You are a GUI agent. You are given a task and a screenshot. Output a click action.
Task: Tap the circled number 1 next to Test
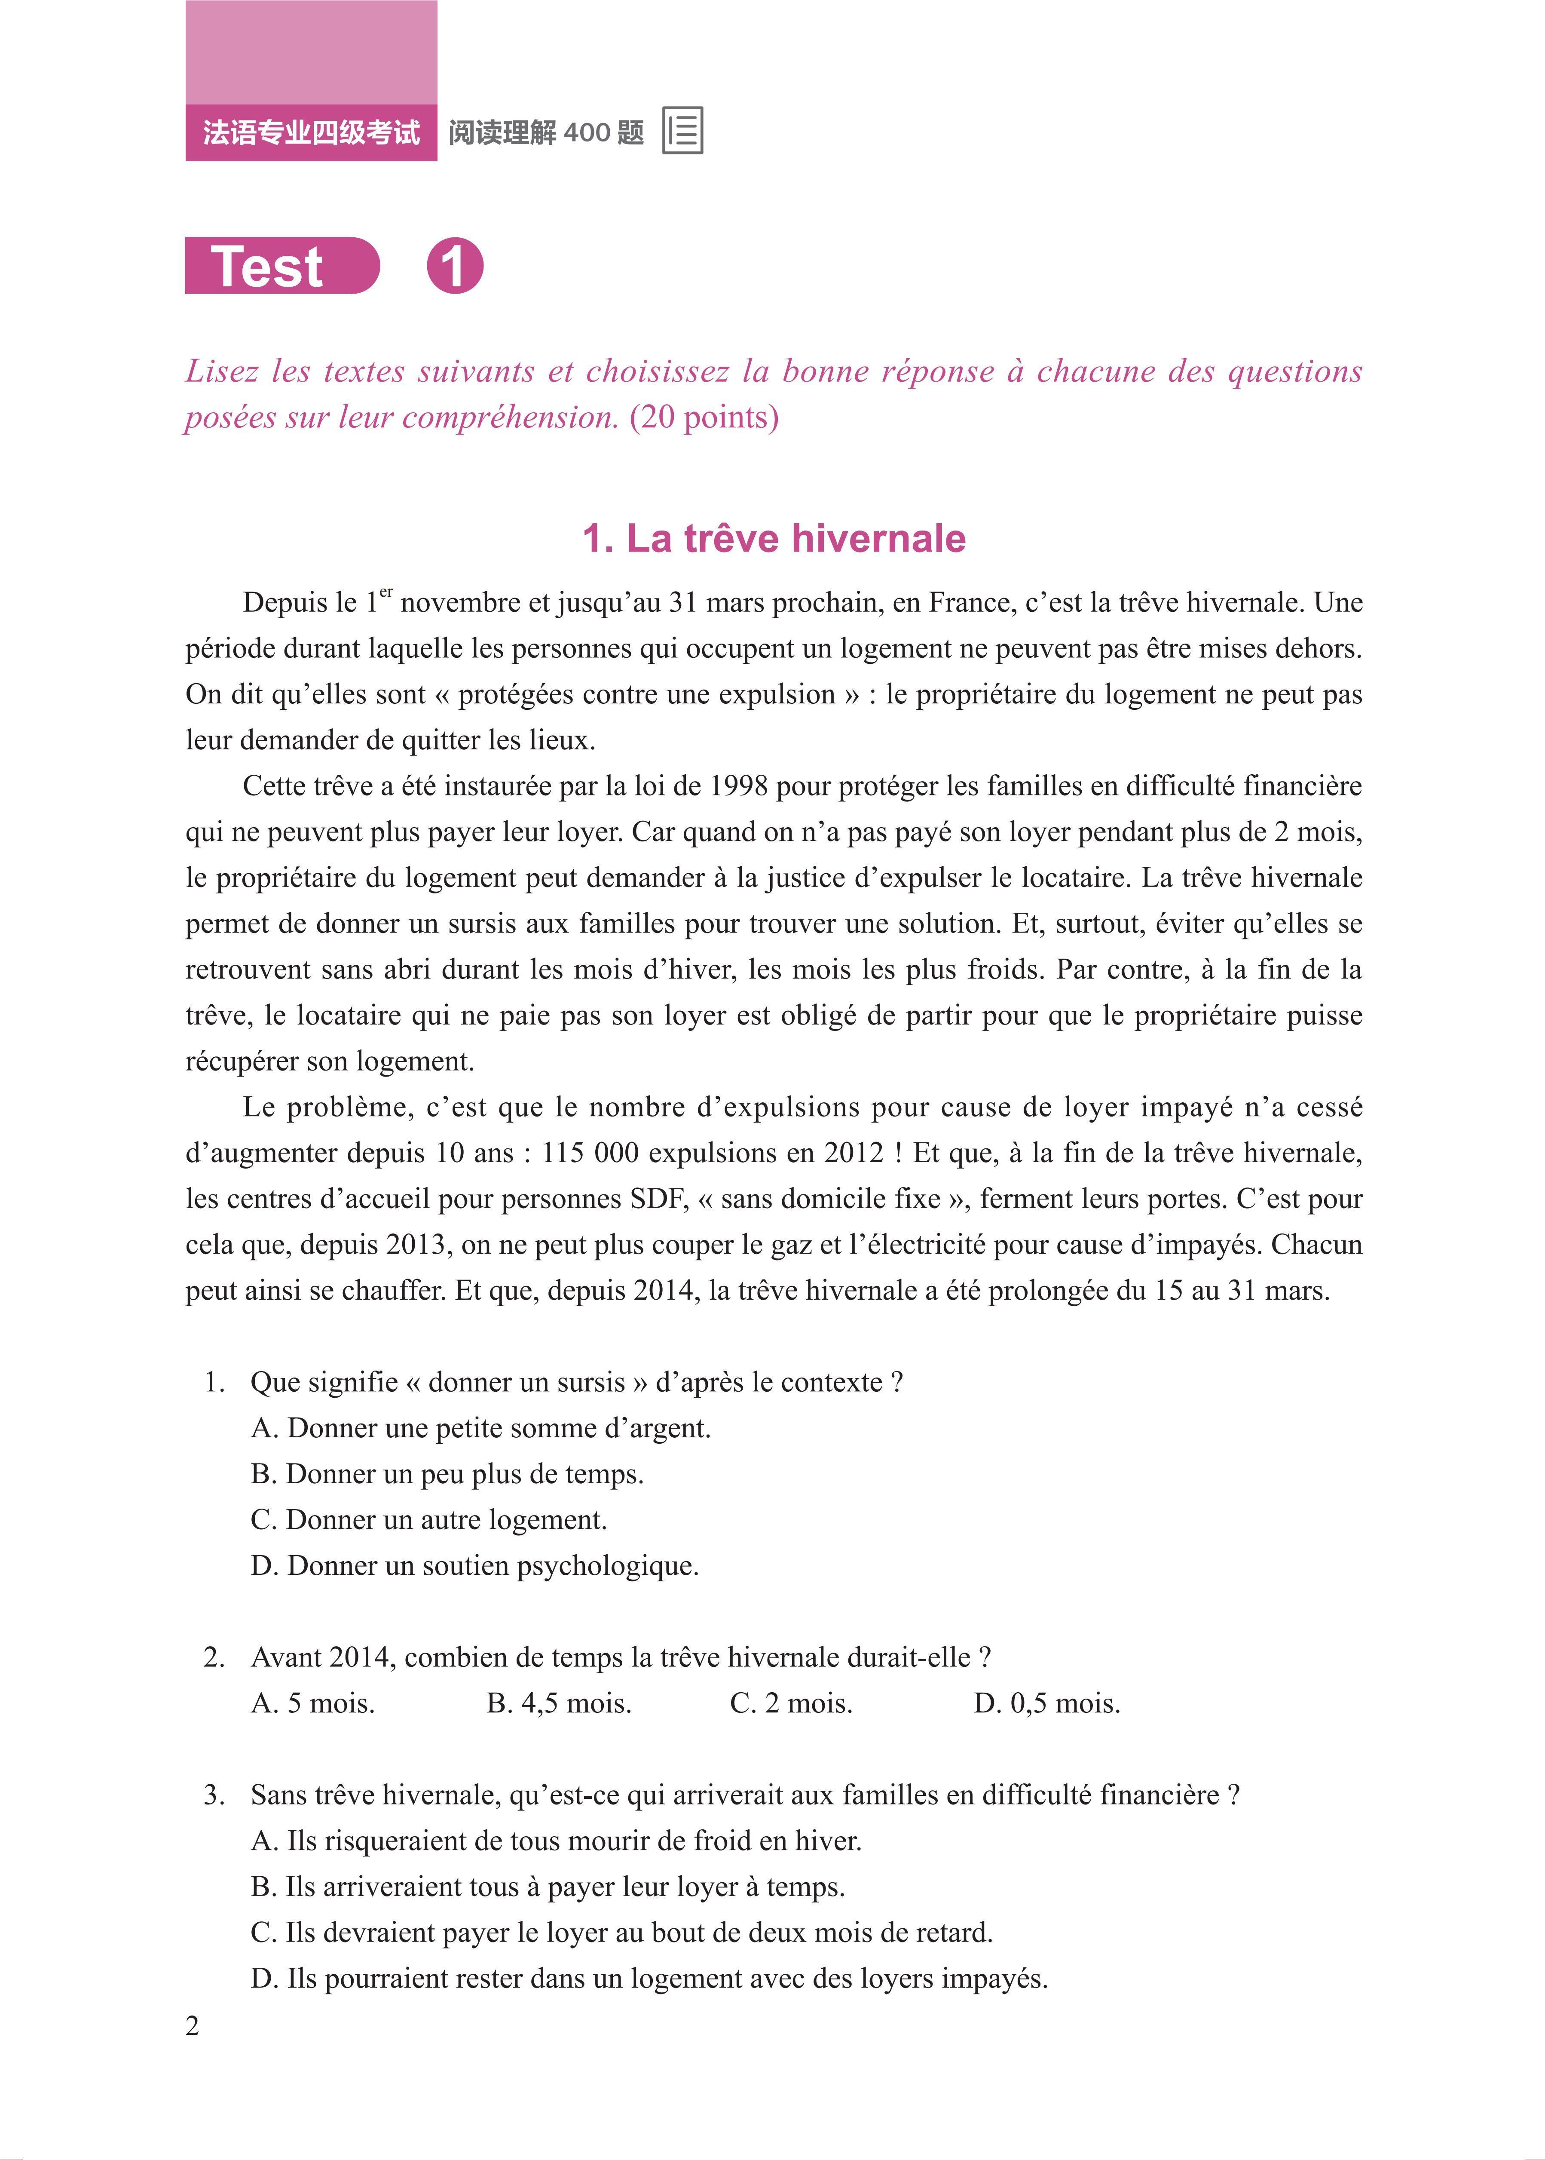tap(455, 267)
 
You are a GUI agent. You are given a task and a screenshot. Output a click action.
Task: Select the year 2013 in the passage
tap(419, 1245)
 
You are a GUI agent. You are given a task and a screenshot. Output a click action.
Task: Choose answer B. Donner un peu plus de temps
tap(447, 1474)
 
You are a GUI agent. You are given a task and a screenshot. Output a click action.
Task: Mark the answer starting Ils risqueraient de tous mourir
tap(556, 1840)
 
